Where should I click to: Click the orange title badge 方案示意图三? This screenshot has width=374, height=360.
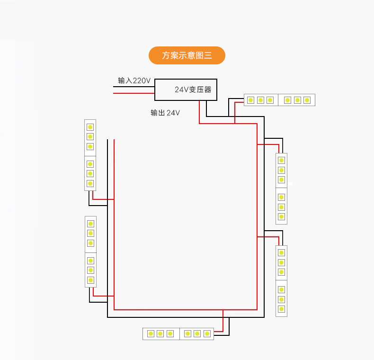pos(187,55)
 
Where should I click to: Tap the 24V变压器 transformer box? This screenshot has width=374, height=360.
pos(186,90)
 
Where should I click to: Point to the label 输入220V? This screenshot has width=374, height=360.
pos(134,81)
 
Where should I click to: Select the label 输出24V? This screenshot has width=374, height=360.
pos(165,113)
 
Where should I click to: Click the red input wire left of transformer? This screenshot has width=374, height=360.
pos(134,93)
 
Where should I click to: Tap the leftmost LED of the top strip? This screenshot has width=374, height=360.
pos(251,100)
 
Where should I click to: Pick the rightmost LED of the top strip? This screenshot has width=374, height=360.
pos(307,100)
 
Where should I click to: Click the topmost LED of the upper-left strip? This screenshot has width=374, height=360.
pos(90,127)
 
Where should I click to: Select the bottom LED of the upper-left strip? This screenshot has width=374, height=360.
pos(90,183)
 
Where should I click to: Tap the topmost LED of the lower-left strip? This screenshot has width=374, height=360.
pos(90,224)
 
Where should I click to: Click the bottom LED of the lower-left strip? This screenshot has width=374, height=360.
pos(90,280)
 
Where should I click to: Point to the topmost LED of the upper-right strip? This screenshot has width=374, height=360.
pos(281,160)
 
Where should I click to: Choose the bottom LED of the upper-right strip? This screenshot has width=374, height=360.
pos(281,216)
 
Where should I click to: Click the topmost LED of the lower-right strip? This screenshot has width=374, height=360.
pos(281,252)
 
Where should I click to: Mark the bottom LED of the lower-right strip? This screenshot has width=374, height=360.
pos(281,309)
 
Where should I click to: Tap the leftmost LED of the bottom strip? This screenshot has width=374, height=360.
pos(151,333)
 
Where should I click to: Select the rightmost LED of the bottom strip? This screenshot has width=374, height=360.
pos(207,333)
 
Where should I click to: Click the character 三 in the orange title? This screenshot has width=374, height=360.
pos(207,55)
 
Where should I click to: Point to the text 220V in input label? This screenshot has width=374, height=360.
pos(141,81)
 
